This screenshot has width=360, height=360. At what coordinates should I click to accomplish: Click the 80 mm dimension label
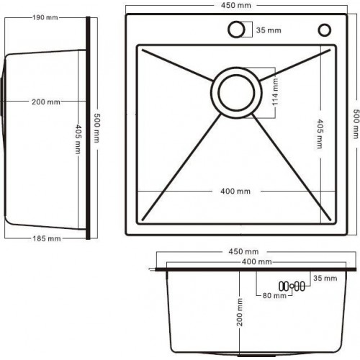coord(274,296)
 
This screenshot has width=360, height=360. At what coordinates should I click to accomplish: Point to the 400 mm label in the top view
coord(235,191)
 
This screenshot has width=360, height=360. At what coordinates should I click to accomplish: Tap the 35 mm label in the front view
coord(325,277)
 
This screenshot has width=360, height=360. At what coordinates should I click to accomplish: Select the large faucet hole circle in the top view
coord(236,30)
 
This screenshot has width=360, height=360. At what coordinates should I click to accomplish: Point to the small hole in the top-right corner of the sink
coord(323,30)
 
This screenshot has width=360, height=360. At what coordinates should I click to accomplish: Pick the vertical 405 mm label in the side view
coord(76,140)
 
